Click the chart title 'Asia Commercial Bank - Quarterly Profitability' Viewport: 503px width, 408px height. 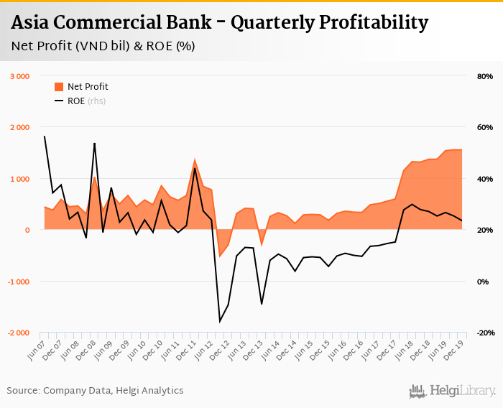(x=219, y=22)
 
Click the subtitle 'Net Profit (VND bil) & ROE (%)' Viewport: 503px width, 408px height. (x=103, y=47)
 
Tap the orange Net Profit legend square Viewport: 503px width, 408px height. (x=59, y=87)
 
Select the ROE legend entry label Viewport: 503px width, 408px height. (x=76, y=101)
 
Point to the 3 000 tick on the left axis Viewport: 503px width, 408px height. (x=19, y=76)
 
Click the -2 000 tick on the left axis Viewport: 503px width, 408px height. (x=18, y=333)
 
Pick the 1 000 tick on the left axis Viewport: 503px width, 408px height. (x=19, y=179)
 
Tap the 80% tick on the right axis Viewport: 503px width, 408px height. (x=484, y=76)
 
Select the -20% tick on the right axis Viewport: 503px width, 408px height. (x=484, y=333)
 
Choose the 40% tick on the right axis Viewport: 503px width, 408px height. (x=484, y=179)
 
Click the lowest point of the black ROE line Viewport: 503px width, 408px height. (x=220, y=321)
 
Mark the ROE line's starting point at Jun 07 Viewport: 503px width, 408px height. (x=45, y=136)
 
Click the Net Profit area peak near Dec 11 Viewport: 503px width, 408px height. (x=195, y=159)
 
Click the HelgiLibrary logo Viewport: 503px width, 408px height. (x=453, y=391)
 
